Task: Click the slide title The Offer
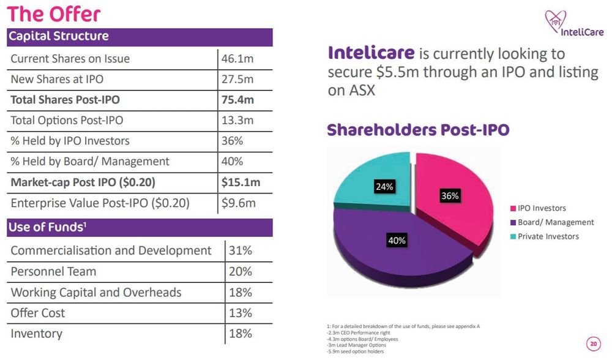(54, 13)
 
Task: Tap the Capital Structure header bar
(140, 36)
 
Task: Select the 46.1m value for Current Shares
(238, 59)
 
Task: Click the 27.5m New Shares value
(238, 80)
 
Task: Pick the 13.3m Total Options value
(238, 121)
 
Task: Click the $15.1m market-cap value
(241, 182)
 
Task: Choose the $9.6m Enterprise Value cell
(239, 203)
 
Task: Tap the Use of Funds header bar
(140, 228)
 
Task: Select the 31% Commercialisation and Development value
(240, 250)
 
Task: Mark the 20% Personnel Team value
(240, 271)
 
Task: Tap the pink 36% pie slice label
(450, 196)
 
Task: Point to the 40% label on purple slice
(397, 241)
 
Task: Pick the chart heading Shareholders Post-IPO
(418, 130)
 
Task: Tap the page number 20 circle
(592, 344)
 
